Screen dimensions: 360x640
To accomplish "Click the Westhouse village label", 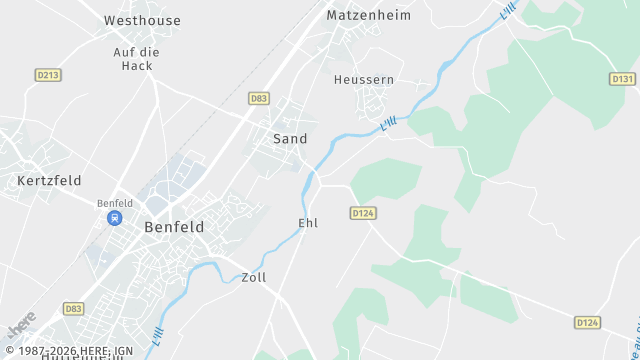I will [x=143, y=20].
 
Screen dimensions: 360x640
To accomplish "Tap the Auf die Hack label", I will [x=137, y=58].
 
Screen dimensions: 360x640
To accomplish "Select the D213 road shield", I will [x=48, y=75].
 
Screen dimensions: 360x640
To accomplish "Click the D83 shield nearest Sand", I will [x=259, y=98].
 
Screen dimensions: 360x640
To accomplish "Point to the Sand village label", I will [x=290, y=139].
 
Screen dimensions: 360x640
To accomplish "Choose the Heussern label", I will [x=364, y=79].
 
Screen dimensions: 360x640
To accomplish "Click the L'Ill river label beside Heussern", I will [x=389, y=123].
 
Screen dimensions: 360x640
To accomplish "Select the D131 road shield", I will [x=622, y=79].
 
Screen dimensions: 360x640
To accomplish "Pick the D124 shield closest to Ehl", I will [x=362, y=213].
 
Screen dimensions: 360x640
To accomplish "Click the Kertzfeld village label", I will [x=49, y=181].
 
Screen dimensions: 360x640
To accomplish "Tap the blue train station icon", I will [x=115, y=217].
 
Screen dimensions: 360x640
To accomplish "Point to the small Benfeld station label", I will [x=115, y=203].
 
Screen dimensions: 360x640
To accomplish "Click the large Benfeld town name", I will [x=174, y=227].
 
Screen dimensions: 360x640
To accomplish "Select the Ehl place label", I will [x=308, y=223].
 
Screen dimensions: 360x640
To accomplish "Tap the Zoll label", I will [x=254, y=277].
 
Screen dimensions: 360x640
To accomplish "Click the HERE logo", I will [x=21, y=325].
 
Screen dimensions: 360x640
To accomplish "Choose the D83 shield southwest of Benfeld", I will [x=74, y=309].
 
